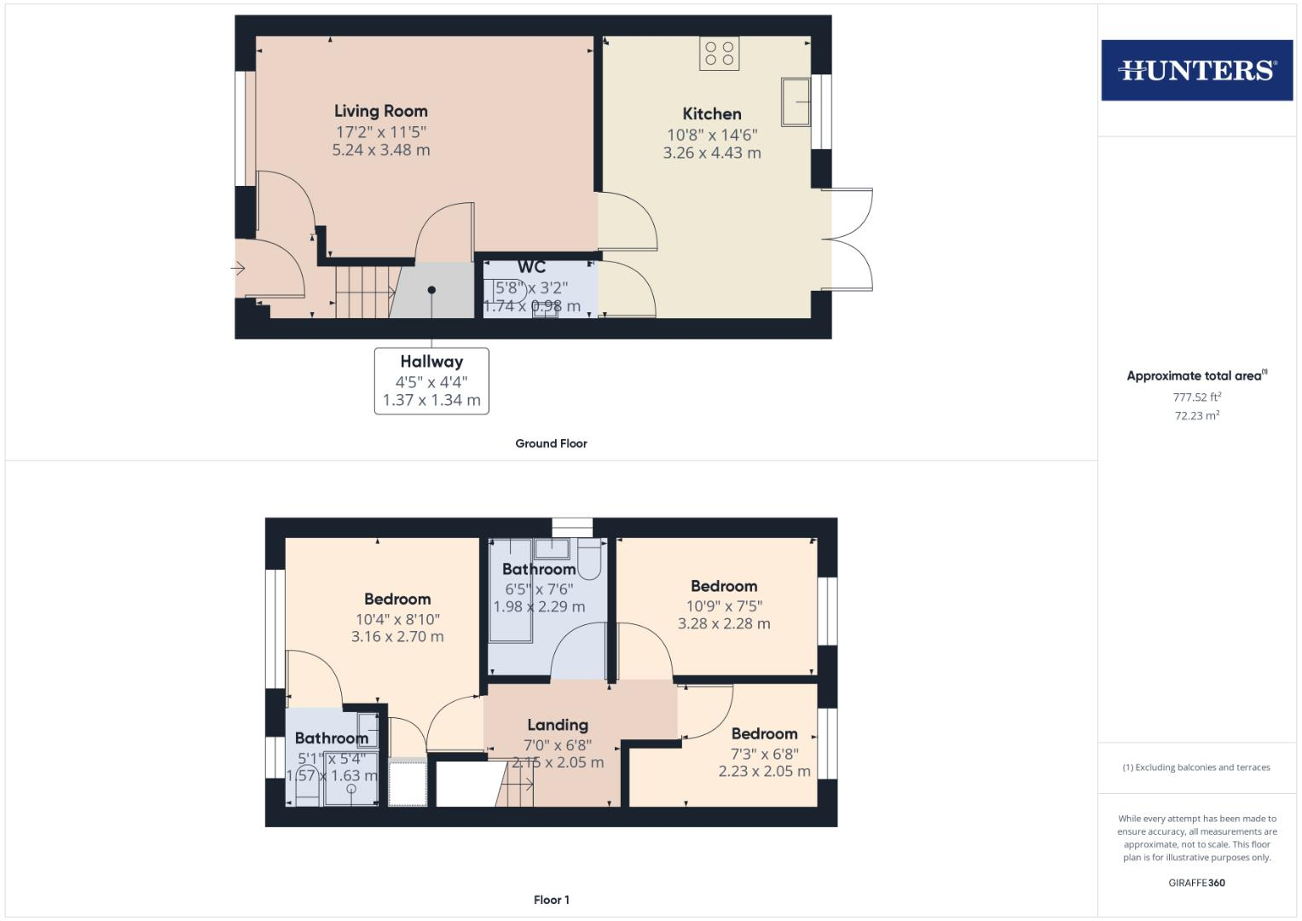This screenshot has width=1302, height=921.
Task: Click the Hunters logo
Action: click(x=1196, y=70)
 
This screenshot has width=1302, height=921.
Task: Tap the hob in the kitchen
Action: click(x=720, y=53)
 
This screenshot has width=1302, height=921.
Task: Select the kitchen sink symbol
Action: click(x=796, y=101)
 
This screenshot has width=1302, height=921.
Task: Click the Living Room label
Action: click(x=380, y=111)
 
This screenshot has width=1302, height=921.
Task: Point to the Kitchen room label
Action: click(x=712, y=113)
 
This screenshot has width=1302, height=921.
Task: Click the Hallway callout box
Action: click(x=431, y=380)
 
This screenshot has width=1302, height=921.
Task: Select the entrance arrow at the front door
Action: click(x=238, y=269)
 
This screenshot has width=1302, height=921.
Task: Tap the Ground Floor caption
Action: click(x=551, y=443)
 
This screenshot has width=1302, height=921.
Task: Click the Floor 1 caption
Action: click(x=552, y=900)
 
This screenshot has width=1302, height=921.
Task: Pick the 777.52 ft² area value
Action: click(x=1197, y=397)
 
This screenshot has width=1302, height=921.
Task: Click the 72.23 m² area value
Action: click(x=1197, y=415)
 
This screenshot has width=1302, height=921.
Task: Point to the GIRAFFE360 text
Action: click(x=1196, y=883)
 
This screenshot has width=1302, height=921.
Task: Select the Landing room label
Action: click(x=558, y=725)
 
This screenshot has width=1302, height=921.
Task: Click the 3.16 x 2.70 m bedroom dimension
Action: click(x=397, y=636)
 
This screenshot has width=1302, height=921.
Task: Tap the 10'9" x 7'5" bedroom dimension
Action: click(x=724, y=606)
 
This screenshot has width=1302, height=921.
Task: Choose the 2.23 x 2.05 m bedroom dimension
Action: click(x=764, y=771)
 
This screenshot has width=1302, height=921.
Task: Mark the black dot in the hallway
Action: click(x=432, y=290)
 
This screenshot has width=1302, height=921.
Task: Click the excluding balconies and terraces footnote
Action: click(x=1196, y=767)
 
